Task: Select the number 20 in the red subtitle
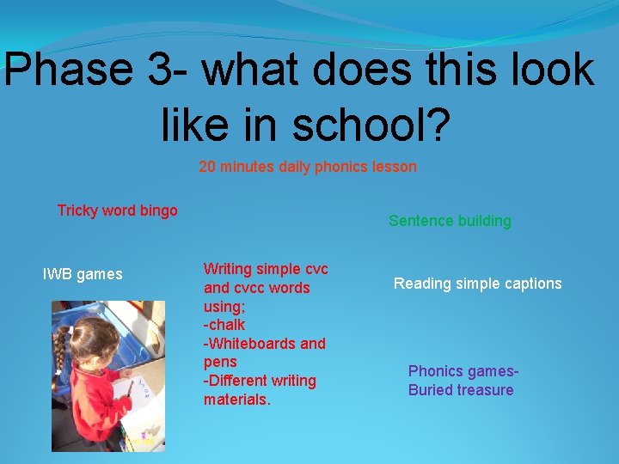pos(207,167)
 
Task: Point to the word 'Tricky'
pos(77,211)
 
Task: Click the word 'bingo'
pos(158,211)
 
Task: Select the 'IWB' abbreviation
pos(58,275)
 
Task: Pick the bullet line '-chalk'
pos(224,325)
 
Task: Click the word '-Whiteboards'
pos(245,344)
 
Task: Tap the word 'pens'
pos(220,362)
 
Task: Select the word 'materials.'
pos(237,400)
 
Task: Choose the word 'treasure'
pos(487,390)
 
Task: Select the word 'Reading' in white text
pos(421,284)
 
